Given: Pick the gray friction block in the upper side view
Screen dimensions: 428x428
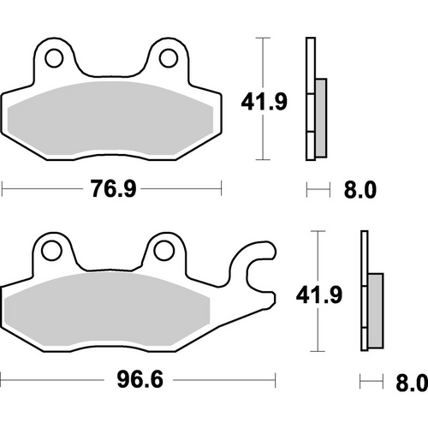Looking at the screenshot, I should (x=321, y=117).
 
